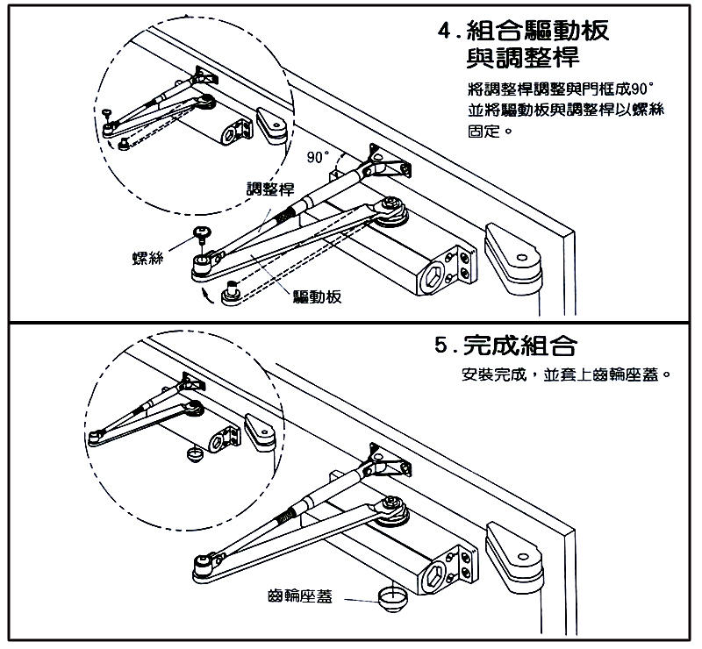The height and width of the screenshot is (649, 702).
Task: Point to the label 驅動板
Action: (x=318, y=296)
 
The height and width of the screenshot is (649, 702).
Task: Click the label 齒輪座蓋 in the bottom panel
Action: (x=301, y=598)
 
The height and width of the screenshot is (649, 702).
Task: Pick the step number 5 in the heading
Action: (x=443, y=344)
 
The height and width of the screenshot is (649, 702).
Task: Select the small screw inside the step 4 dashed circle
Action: (x=105, y=111)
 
